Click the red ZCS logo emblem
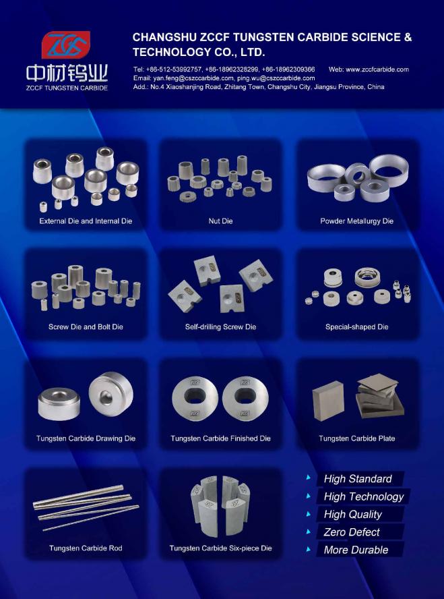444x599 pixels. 65,45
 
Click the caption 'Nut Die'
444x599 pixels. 220,221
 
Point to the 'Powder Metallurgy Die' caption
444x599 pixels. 356,221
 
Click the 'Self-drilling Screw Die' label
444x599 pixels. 220,326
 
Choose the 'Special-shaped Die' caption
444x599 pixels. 356,326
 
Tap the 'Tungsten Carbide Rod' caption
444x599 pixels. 86,548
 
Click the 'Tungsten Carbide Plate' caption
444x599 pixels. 356,438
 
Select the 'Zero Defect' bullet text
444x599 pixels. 352,532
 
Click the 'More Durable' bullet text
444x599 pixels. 356,550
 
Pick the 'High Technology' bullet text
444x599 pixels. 364,496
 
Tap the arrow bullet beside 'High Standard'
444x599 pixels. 308,477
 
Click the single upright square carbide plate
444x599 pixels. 328,401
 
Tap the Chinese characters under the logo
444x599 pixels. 67,74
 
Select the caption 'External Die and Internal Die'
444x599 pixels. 86,221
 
